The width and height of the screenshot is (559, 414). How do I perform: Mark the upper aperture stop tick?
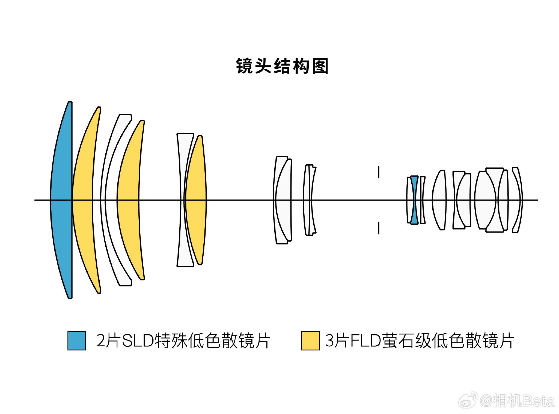[379, 172]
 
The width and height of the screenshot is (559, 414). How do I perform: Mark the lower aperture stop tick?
[379, 228]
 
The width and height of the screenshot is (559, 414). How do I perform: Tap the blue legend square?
[77, 340]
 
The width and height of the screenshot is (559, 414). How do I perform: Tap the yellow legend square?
[310, 340]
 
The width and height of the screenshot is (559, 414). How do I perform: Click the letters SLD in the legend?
[138, 341]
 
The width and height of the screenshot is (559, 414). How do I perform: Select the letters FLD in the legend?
[366, 341]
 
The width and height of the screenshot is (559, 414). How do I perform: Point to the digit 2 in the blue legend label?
[101, 341]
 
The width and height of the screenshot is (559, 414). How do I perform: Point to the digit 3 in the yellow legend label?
[330, 341]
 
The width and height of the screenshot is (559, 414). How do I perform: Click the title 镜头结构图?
[282, 66]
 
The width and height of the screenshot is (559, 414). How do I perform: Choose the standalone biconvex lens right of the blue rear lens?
[439, 200]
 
